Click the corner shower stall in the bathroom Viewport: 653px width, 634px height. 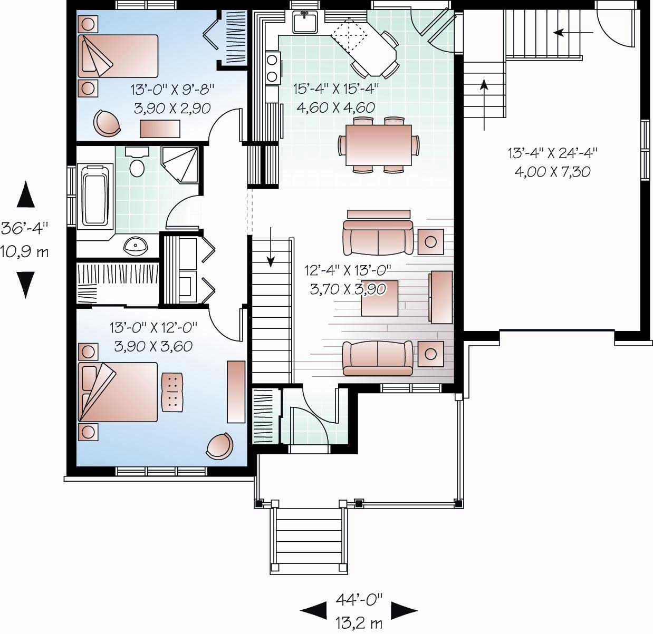181,165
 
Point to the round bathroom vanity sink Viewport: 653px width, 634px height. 137,246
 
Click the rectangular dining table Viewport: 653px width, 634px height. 378,145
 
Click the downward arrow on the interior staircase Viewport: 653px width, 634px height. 271,248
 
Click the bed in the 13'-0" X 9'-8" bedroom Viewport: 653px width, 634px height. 119,56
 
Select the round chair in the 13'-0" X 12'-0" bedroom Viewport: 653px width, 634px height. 219,446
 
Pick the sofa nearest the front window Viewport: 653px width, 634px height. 378,358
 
